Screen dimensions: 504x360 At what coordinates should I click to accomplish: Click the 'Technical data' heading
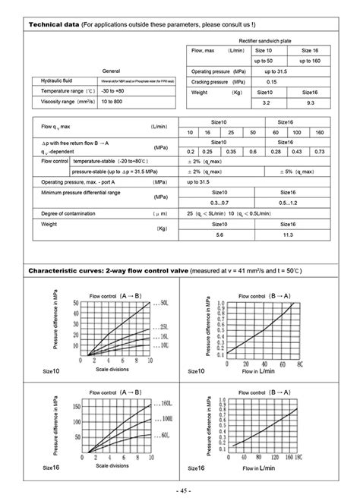[54, 25]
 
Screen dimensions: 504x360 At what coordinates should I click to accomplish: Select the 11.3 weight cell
[288, 235]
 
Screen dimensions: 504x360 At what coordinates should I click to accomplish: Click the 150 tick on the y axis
[75, 405]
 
